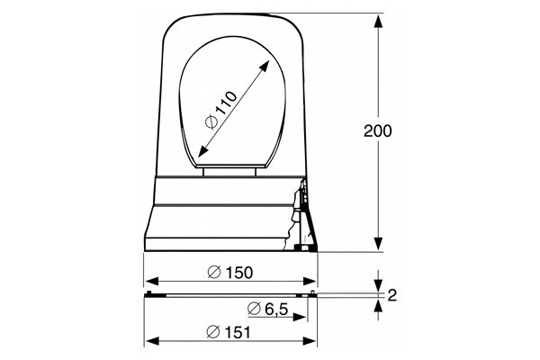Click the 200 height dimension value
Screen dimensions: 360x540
pyautogui.click(x=378, y=130)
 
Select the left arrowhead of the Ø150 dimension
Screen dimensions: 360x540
pyautogui.click(x=150, y=280)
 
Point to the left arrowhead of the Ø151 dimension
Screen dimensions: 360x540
pyautogui.click(x=150, y=341)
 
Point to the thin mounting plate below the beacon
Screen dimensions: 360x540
pyautogui.click(x=230, y=293)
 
